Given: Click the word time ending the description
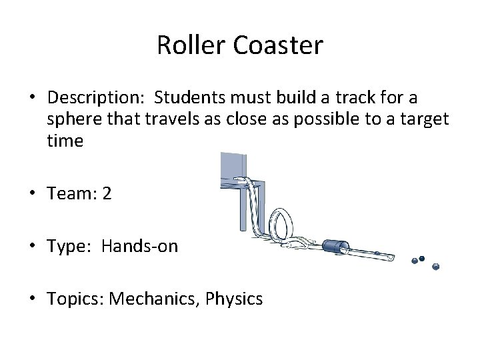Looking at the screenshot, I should [65, 141].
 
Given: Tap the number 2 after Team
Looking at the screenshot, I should [107, 194].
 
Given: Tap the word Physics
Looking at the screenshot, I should [234, 299].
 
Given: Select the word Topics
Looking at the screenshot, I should [74, 299].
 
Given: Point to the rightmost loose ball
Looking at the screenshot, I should [436, 266].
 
